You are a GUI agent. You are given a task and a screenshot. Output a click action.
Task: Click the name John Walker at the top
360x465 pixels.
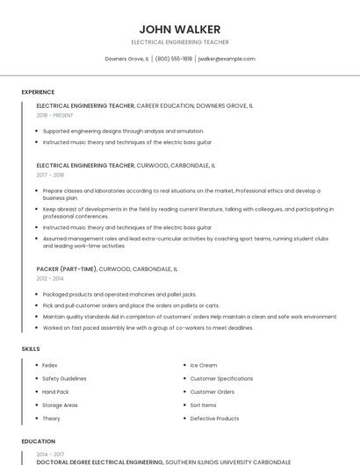point(180,29)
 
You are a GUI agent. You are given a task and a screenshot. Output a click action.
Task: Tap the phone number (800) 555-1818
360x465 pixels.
point(174,59)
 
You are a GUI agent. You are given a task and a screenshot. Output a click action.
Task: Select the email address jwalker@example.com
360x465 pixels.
point(227,59)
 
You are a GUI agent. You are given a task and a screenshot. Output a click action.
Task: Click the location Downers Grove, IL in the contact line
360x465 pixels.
point(126,59)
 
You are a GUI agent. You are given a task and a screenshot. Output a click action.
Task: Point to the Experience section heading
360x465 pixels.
point(38,92)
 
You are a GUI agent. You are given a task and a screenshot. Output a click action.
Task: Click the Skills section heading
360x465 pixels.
point(31,349)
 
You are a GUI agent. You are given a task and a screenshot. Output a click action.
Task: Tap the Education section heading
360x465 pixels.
point(39,441)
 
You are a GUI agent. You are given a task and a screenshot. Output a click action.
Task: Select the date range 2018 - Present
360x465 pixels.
point(54,115)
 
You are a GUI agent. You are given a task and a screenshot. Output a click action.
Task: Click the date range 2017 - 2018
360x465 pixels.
point(50,175)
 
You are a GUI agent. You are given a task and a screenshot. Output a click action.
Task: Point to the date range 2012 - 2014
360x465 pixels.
point(50,278)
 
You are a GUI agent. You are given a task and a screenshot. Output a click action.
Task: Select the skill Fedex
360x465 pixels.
point(49,365)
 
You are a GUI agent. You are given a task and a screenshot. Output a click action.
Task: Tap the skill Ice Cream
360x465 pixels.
point(203,365)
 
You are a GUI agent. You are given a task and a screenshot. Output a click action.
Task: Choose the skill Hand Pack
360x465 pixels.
point(55,391)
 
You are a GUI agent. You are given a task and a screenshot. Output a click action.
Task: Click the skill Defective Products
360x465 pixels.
point(214,418)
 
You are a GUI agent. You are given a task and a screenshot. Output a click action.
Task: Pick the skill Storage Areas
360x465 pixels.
point(60,405)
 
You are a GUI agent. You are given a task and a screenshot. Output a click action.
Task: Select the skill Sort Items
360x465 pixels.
point(203,405)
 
